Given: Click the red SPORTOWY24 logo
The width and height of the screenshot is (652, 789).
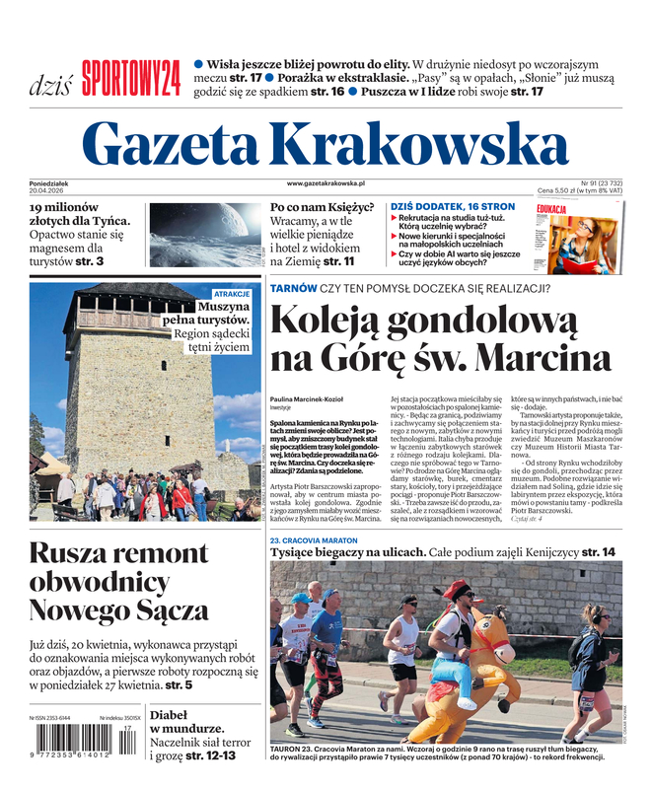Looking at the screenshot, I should [130, 78].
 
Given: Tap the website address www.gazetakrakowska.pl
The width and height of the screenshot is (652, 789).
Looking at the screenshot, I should [326, 183].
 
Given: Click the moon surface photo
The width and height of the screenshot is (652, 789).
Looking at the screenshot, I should [205, 235].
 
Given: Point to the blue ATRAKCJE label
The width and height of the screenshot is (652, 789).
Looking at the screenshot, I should [233, 294].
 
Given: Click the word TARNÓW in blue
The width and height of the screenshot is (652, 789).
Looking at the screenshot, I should [294, 289].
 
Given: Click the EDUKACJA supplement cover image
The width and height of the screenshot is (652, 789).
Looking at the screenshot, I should [578, 238].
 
